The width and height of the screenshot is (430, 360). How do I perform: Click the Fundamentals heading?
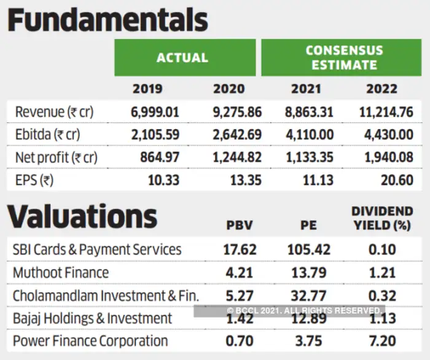pos(107,20)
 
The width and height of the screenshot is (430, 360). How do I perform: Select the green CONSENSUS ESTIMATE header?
pos(344,58)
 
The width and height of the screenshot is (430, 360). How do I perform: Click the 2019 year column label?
pos(148,89)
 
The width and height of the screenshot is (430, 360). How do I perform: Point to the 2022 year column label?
pos(381,89)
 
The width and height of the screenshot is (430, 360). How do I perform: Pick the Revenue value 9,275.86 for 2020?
pos(237,112)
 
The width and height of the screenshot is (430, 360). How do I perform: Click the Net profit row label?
pos(56,157)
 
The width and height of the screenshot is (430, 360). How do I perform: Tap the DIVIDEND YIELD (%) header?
pos(381,218)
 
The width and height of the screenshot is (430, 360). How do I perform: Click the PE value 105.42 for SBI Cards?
pos(308,249)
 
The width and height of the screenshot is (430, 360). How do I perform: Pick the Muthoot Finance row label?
pos(60,272)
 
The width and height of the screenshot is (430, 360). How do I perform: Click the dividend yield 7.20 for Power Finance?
pos(381,340)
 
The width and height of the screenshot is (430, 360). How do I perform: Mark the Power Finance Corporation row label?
pos(90,340)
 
